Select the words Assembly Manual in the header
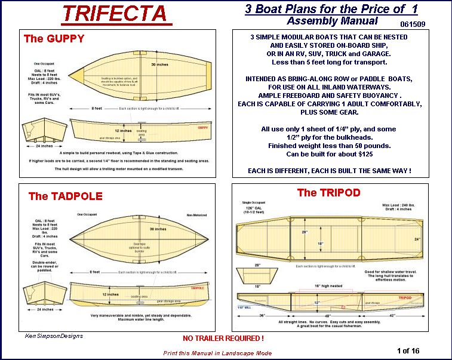click(332, 21)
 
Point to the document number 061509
click(415, 24)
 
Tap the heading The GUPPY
click(54, 39)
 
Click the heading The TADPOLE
click(65, 196)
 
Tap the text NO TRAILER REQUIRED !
click(223, 339)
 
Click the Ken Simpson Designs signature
click(54, 336)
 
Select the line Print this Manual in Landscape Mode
click(217, 353)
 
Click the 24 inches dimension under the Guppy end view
click(45, 146)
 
